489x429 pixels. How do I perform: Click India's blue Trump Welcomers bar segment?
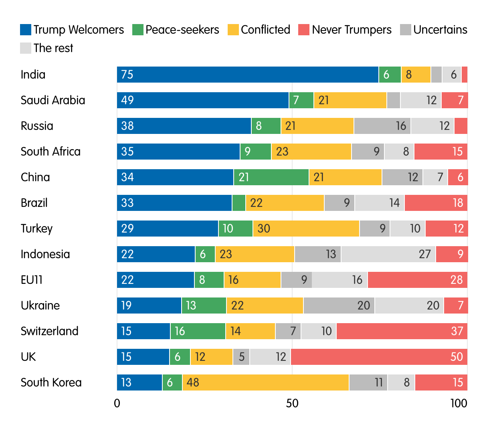[x=248, y=75]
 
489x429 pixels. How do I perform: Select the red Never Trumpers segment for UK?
[x=379, y=357]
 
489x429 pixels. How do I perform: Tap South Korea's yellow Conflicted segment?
[x=265, y=382]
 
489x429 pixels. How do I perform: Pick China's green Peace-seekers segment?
[x=271, y=177]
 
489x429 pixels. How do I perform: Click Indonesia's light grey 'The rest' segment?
[x=388, y=254]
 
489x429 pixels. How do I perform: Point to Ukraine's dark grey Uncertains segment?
[x=339, y=306]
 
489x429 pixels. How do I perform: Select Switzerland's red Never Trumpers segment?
[x=402, y=331]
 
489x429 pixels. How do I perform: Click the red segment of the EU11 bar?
[x=417, y=280]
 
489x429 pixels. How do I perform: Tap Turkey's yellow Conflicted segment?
[x=306, y=229]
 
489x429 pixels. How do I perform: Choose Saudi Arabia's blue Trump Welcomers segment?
[x=203, y=100]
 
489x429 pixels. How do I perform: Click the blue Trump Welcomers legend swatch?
[x=25, y=30]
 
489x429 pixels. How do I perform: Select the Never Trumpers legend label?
[x=352, y=30]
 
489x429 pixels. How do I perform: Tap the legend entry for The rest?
[x=53, y=48]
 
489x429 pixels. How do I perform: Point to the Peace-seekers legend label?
[x=182, y=30]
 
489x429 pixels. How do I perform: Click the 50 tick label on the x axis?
[x=292, y=403]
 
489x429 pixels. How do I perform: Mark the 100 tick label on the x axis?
[x=459, y=403]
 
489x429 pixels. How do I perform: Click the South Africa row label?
[x=51, y=152]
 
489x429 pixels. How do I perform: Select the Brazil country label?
[x=34, y=203]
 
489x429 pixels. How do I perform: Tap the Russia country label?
[x=37, y=126]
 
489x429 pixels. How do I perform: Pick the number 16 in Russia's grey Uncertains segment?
[x=401, y=126]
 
